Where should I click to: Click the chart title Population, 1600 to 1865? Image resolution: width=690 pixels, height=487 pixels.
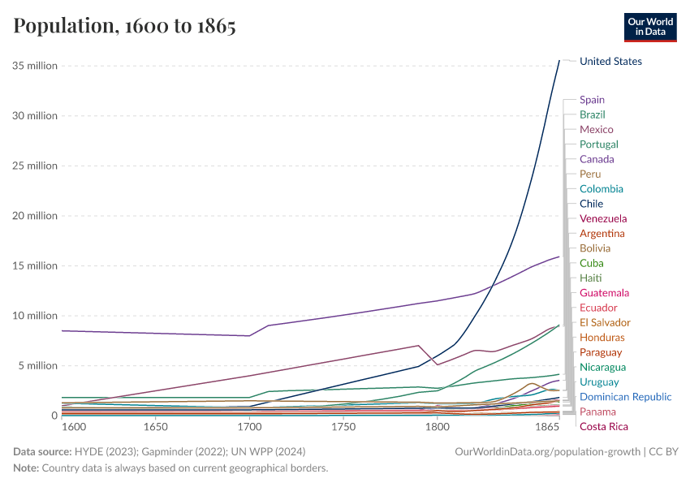pyautogui.click(x=124, y=26)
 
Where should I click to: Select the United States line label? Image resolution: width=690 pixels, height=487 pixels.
pyautogui.click(x=610, y=62)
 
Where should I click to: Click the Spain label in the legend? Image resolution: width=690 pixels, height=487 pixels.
pyautogui.click(x=592, y=100)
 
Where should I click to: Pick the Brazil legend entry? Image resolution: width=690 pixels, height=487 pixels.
pyautogui.click(x=593, y=114)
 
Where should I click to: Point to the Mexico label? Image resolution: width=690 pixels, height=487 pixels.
pyautogui.click(x=597, y=130)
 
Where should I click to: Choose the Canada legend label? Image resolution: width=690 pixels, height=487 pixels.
pyautogui.click(x=597, y=159)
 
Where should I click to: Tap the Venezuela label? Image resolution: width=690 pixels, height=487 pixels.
pyautogui.click(x=603, y=218)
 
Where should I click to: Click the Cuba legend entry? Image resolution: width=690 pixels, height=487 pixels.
pyautogui.click(x=592, y=263)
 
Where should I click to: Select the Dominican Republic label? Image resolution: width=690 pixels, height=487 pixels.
pyautogui.click(x=625, y=397)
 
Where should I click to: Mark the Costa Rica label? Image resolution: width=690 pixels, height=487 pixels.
pyautogui.click(x=604, y=427)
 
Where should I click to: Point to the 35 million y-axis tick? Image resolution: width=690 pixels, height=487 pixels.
pyautogui.click(x=35, y=66)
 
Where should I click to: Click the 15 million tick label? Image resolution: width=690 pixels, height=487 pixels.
pyautogui.click(x=35, y=266)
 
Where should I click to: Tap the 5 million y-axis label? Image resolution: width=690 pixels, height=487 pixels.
pyautogui.click(x=37, y=366)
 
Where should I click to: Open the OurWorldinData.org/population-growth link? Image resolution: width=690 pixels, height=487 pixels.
pyautogui.click(x=549, y=451)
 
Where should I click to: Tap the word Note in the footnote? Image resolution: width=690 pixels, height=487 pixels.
pyautogui.click(x=25, y=468)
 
